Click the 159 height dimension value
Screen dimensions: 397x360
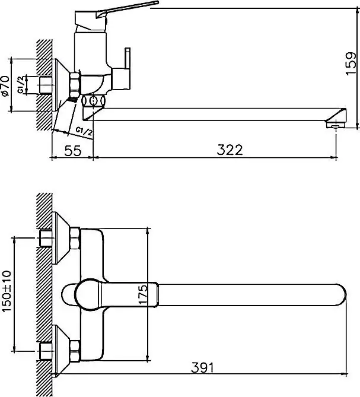coord(351,60)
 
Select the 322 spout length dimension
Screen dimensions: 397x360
coord(230,150)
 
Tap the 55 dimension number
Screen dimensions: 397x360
coord(72,150)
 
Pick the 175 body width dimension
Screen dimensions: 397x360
coord(140,294)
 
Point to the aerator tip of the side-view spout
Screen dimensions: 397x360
coord(336,123)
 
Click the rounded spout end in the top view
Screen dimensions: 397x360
coord(337,294)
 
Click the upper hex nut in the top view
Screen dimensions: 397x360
coord(75,239)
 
